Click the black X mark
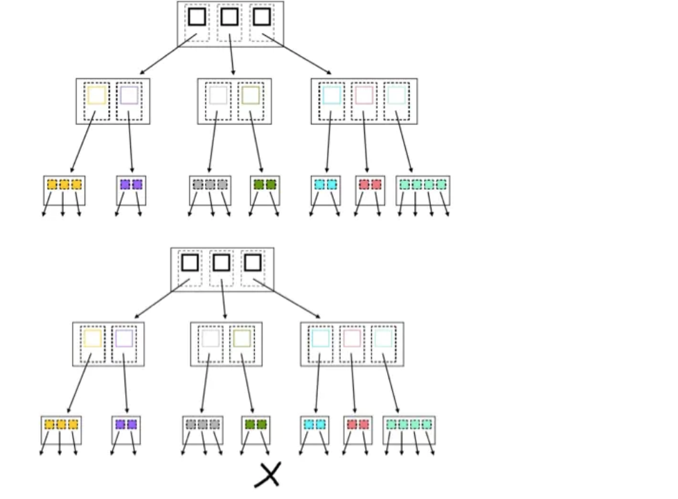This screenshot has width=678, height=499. click(268, 475)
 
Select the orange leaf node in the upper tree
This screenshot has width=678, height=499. click(64, 185)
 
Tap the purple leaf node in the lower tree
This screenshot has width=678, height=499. click(126, 425)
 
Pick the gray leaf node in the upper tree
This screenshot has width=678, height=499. click(210, 185)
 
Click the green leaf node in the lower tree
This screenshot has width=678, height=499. click(256, 425)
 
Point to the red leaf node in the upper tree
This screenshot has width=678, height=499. click(371, 185)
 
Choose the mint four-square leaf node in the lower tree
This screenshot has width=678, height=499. click(409, 425)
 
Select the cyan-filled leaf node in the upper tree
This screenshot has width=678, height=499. click(325, 185)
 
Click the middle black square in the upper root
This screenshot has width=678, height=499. click(229, 17)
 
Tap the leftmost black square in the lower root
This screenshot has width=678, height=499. click(190, 262)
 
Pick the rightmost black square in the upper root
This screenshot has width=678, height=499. click(261, 17)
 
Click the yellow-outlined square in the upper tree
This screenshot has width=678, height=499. click(97, 96)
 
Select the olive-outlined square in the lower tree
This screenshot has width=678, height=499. click(242, 338)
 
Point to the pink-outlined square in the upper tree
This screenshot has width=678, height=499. click(364, 96)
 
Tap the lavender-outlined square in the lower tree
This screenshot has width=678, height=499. click(124, 338)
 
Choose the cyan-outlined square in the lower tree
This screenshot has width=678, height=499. click(321, 338)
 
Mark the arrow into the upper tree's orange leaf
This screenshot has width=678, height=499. click(83, 142)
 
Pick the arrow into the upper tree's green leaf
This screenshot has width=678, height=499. click(256, 142)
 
